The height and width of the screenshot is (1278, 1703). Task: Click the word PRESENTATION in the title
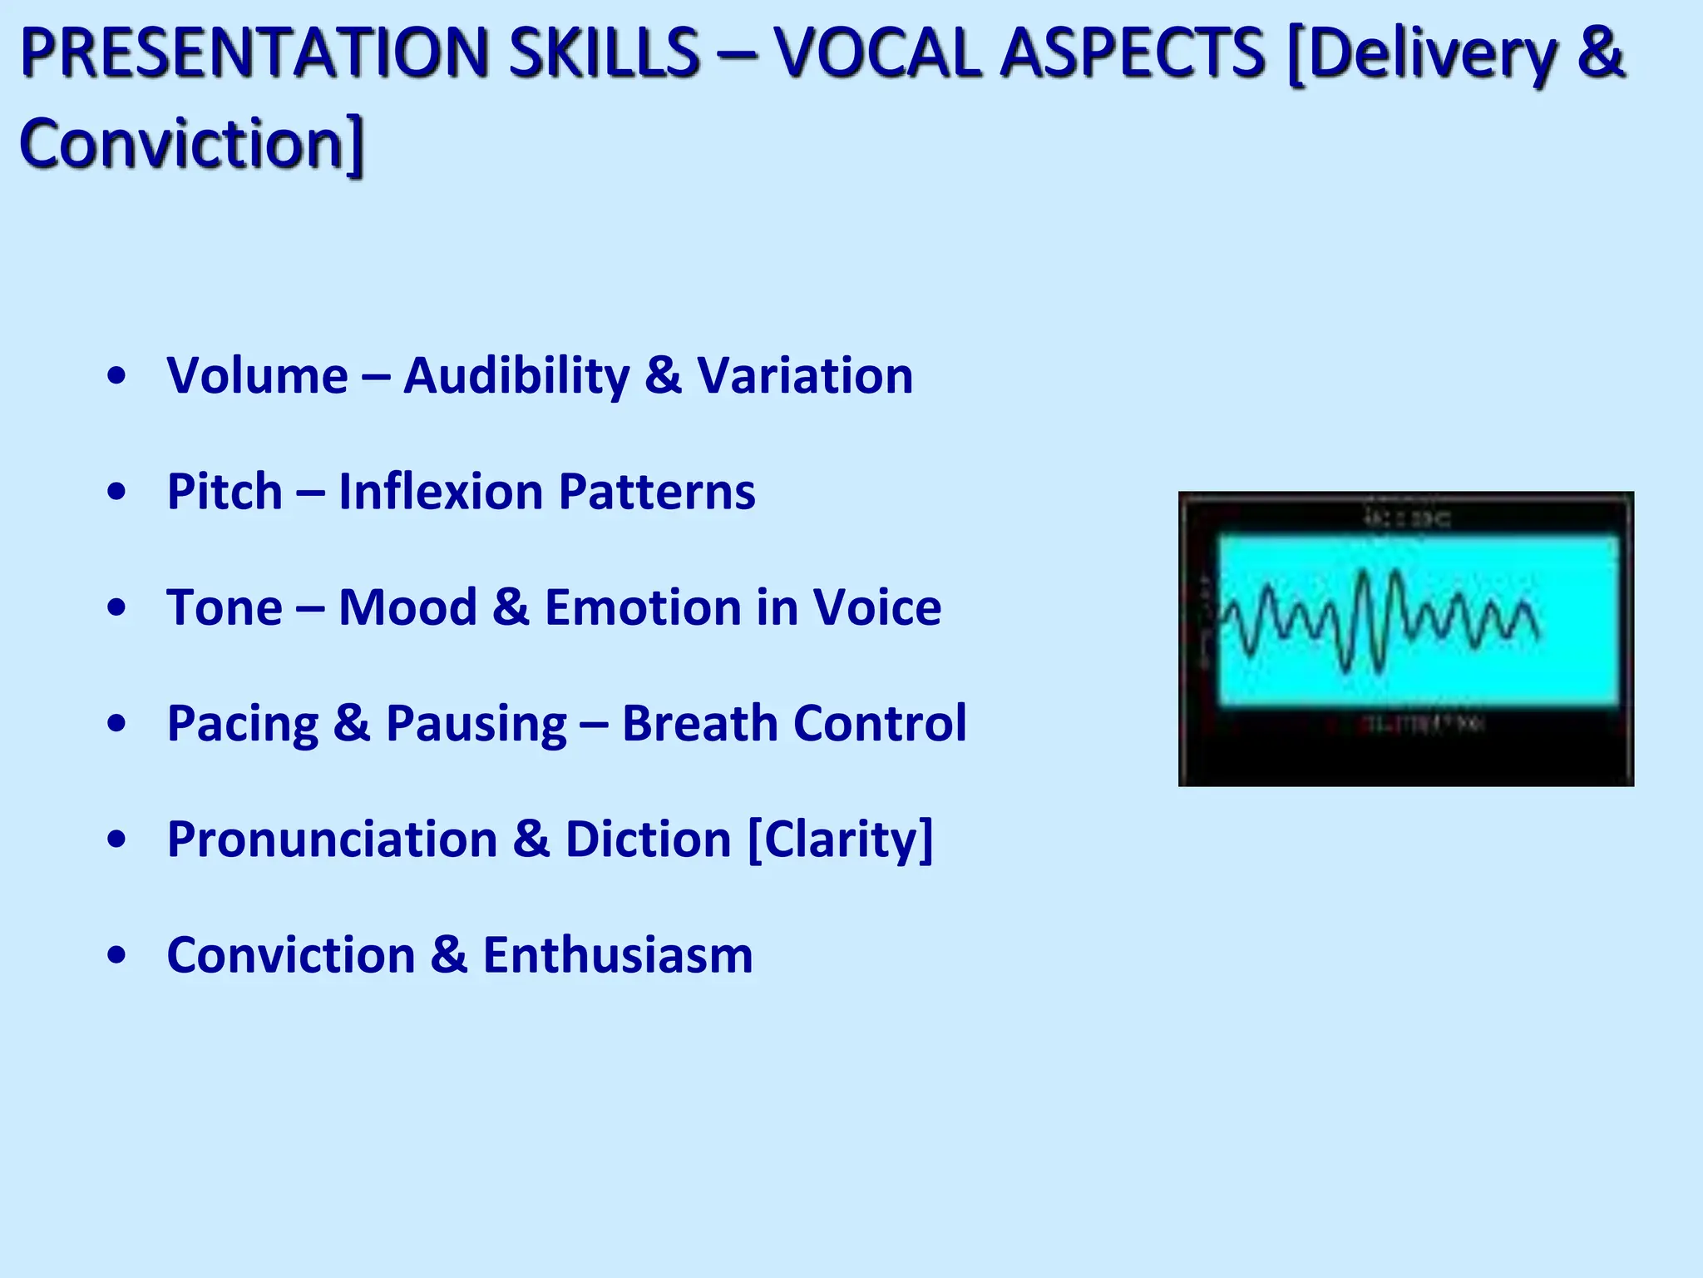coord(254,53)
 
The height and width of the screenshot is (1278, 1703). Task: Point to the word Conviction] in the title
coord(192,144)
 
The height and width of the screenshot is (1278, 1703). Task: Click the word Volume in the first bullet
coord(257,375)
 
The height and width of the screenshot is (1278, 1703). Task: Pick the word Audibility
coord(516,375)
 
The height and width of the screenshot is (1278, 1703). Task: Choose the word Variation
coord(804,375)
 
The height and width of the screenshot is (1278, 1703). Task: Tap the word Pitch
coord(225,491)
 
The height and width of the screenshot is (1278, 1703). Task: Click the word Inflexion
coord(441,491)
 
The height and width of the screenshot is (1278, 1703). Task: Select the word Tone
coord(225,607)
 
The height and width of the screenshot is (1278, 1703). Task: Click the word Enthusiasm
coord(617,954)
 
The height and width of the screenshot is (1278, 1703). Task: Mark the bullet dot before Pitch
coord(117,492)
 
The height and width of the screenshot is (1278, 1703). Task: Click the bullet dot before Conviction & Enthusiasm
coord(117,955)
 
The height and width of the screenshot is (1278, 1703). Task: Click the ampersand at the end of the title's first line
coord(1601,53)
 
